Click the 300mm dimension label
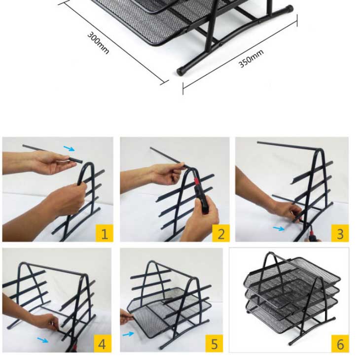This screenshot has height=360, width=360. [98, 43]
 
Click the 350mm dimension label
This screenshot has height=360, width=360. [251, 59]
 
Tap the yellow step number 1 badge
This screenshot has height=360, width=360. [104, 233]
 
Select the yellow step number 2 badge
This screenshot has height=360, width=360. [221, 233]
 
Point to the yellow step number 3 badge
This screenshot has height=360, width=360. [340, 233]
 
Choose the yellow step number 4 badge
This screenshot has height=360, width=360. [103, 343]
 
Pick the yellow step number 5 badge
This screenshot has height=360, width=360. [214, 343]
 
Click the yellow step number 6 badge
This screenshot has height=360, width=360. [340, 344]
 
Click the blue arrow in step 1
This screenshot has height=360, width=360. [69, 148]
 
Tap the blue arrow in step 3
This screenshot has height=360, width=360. [279, 228]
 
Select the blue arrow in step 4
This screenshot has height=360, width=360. [43, 340]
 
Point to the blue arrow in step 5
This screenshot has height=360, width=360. [128, 334]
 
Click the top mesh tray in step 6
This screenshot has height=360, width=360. [292, 276]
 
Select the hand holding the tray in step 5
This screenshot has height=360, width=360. [127, 316]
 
